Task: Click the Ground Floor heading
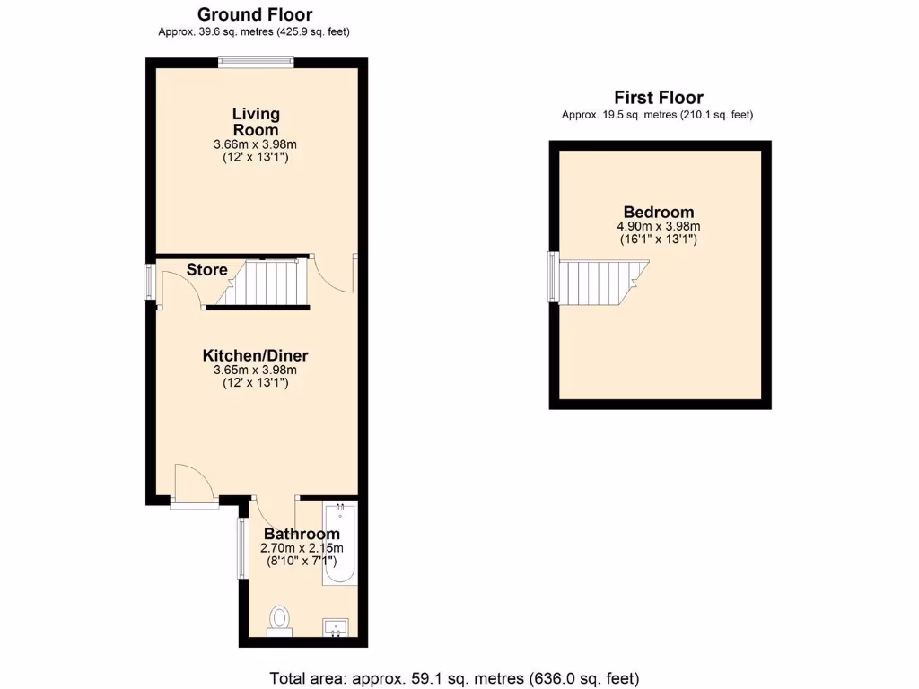[255, 14]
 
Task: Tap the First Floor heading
[658, 98]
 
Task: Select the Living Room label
[256, 122]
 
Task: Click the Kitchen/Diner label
[255, 355]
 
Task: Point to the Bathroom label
[302, 534]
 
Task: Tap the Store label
[206, 270]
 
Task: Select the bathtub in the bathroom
[340, 544]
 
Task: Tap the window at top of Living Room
[257, 62]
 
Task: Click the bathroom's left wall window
[241, 548]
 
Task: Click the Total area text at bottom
[454, 677]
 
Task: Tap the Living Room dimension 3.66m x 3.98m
[256, 144]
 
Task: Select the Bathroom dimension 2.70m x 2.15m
[302, 548]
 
